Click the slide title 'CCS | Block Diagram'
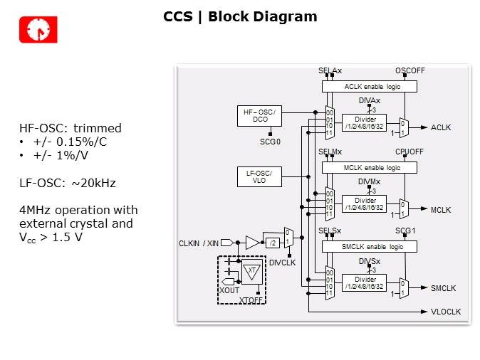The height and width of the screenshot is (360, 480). click(240, 16)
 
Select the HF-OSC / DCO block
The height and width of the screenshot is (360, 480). click(260, 116)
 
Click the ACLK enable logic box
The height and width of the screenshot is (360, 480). click(369, 86)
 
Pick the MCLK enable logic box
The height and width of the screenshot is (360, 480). click(369, 167)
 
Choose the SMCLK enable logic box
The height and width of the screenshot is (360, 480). click(369, 246)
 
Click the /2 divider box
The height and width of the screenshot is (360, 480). click(272, 243)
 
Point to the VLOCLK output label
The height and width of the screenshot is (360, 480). click(447, 312)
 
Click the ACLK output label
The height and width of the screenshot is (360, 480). click(441, 127)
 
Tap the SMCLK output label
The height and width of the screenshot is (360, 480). click(444, 288)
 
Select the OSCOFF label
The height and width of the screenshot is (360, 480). click(409, 70)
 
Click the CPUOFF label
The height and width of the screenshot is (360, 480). click(409, 152)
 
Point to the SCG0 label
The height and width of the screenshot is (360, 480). click(270, 142)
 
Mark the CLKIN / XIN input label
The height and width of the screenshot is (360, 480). click(199, 244)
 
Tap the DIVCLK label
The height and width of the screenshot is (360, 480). click(282, 262)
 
